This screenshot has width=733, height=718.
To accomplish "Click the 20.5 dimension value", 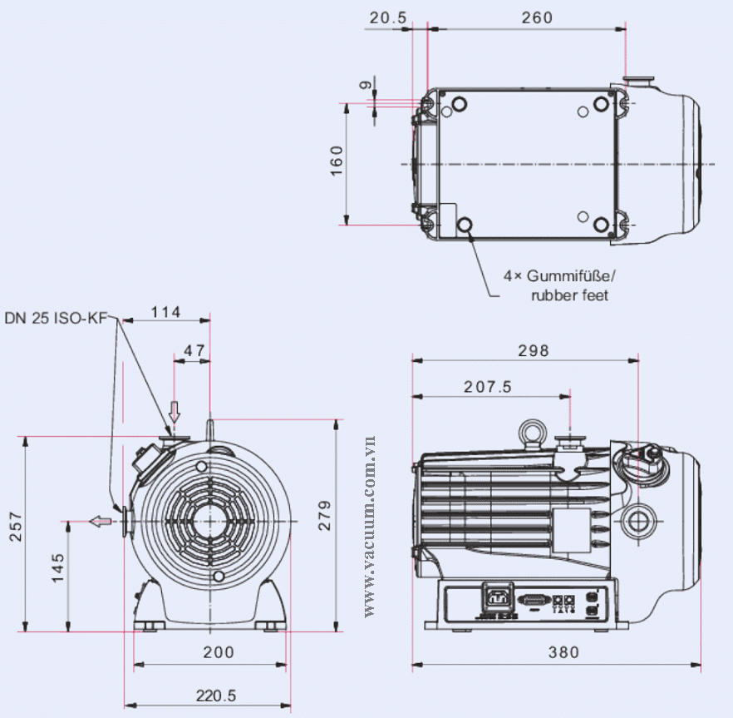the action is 388,17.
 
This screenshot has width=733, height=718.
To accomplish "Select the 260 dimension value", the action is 537,17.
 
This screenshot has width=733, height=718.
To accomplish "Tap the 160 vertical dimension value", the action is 337,161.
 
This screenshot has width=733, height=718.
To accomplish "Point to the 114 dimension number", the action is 165,312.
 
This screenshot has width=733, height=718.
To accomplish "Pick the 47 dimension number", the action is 194,350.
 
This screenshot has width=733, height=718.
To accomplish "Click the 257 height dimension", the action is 16,527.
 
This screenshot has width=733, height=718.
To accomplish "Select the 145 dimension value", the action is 57,568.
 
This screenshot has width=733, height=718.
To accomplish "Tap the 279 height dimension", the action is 324,515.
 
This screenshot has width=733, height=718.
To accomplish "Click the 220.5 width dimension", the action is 216,696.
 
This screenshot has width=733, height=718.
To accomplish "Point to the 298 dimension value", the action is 534,350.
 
